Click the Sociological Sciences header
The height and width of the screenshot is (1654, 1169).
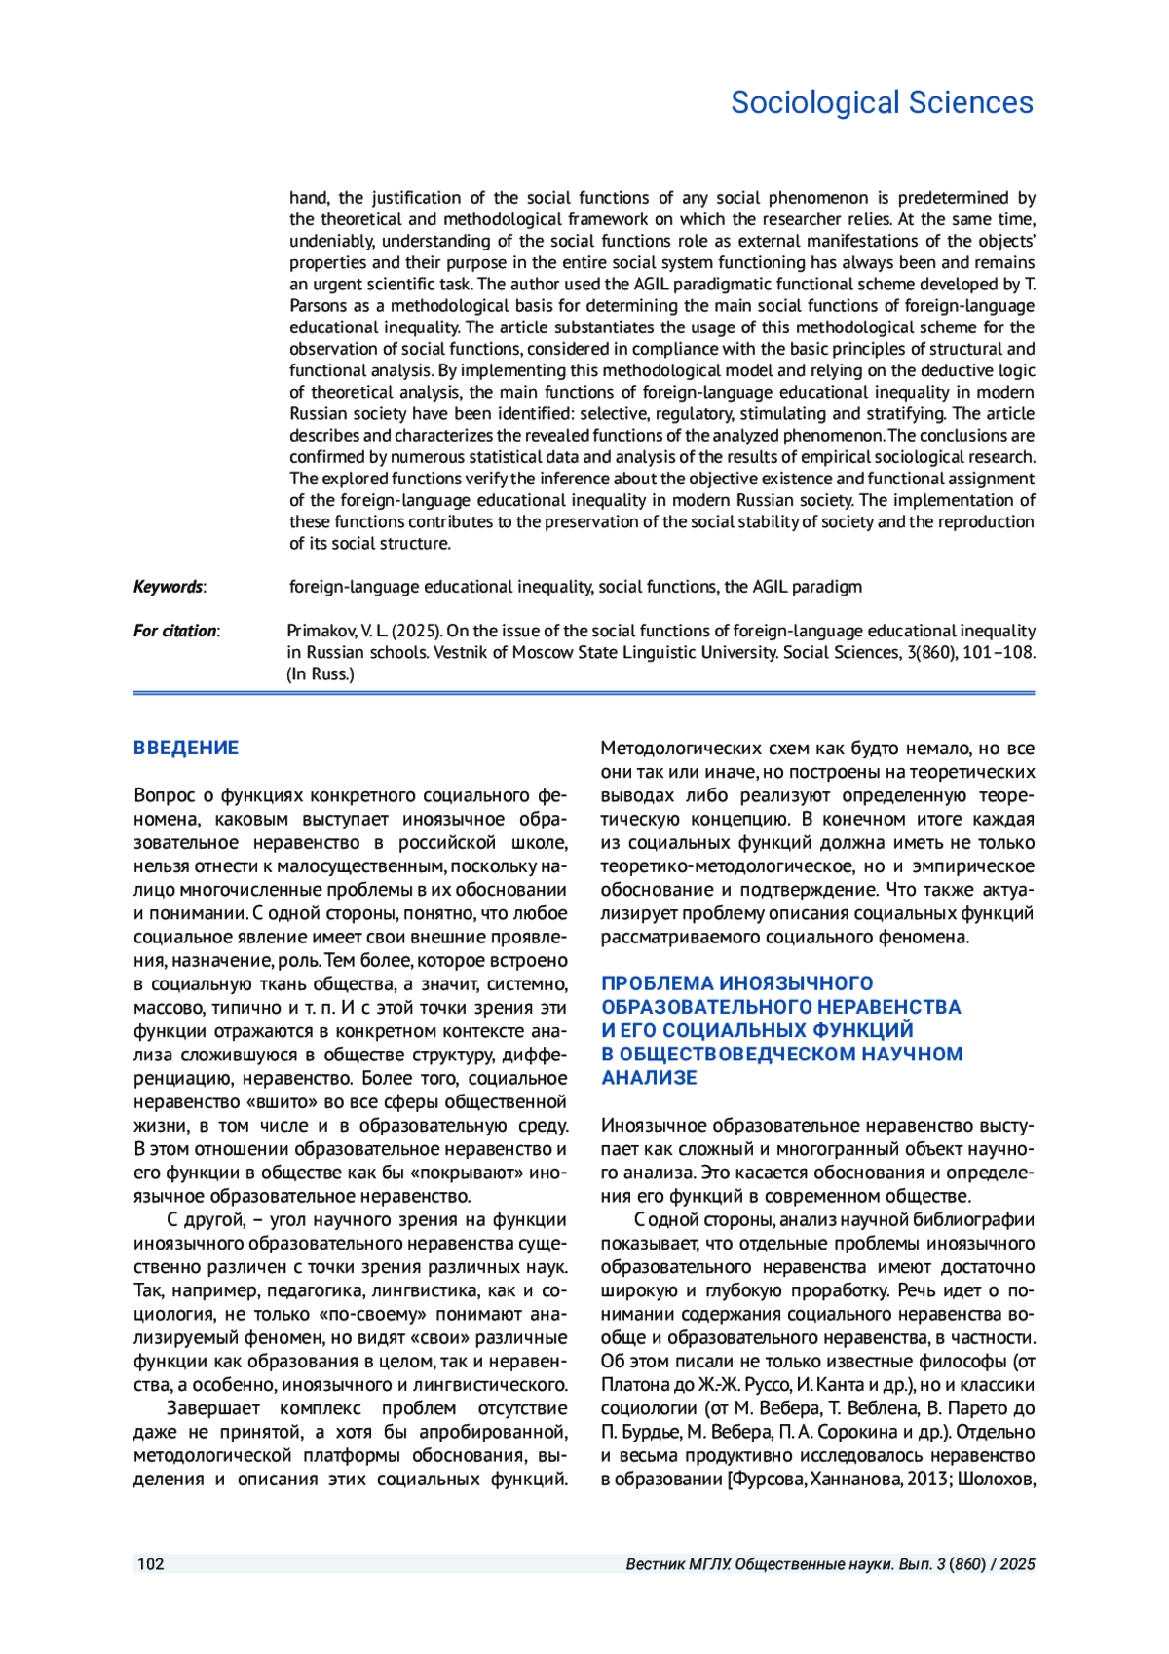(x=882, y=102)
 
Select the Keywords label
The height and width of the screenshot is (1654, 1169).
(x=169, y=587)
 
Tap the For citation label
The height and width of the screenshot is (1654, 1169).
(x=175, y=631)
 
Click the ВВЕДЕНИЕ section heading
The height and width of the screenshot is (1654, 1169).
(x=186, y=749)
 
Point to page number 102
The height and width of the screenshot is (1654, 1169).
(x=151, y=1564)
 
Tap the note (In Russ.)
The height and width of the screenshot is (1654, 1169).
(x=321, y=673)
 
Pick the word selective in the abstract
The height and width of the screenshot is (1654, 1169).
(x=613, y=414)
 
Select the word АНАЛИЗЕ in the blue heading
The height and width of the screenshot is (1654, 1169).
(x=649, y=1078)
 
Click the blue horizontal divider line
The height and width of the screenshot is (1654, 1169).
(x=584, y=693)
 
